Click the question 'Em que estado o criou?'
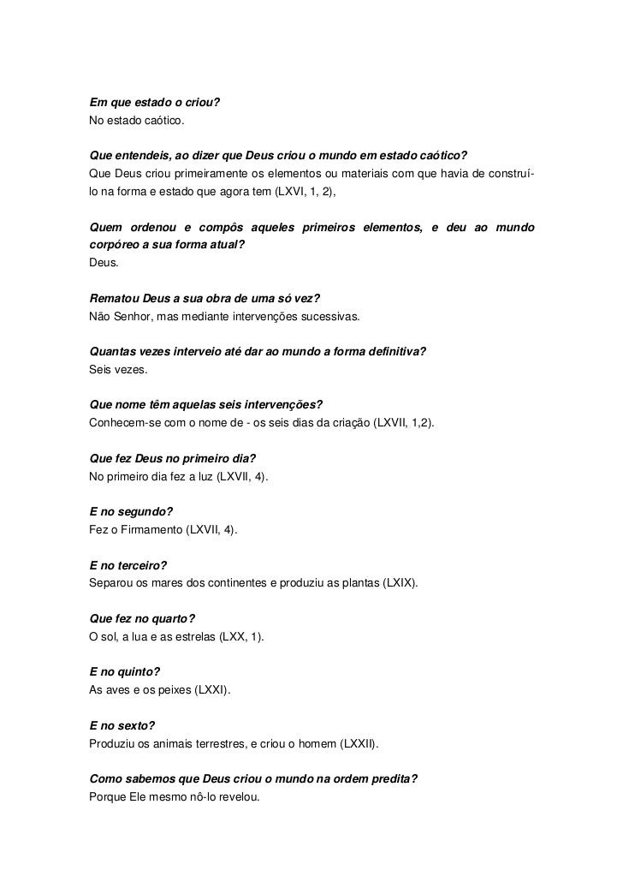pos(154,104)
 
